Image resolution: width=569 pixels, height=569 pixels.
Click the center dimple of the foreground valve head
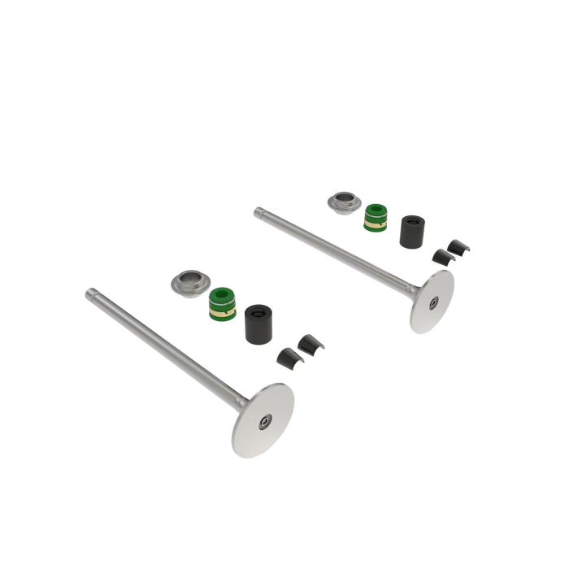(265, 422)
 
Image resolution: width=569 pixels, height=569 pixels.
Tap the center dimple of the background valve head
(434, 302)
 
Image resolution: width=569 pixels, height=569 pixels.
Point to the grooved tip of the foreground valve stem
(90, 293)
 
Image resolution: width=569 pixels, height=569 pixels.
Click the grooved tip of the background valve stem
(258, 212)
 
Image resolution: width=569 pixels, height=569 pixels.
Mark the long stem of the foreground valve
(163, 345)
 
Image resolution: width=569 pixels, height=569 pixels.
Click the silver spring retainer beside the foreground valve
(191, 284)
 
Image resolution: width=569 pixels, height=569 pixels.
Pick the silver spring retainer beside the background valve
(345, 202)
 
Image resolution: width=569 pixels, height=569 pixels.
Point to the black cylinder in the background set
(412, 232)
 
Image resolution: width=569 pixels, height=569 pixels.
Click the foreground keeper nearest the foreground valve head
(289, 358)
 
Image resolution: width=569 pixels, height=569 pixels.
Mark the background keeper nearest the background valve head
(443, 258)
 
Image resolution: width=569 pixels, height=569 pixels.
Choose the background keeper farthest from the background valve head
(459, 247)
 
